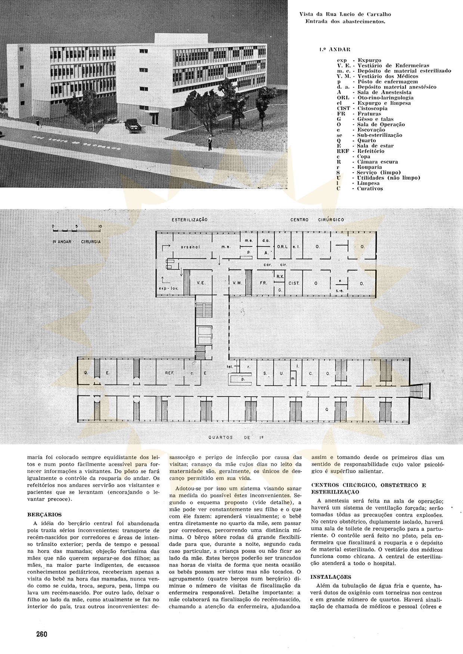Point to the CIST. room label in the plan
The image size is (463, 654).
coord(294,284)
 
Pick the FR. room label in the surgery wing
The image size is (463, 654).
coord(263,283)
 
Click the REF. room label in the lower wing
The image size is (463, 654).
coord(170,373)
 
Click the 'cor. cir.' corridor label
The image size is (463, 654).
coord(270,264)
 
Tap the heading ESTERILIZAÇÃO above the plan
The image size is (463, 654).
coord(189,220)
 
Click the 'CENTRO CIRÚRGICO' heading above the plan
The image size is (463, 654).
coord(317,220)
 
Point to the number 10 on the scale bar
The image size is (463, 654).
coord(100,226)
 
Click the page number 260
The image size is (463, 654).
coord(41,634)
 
